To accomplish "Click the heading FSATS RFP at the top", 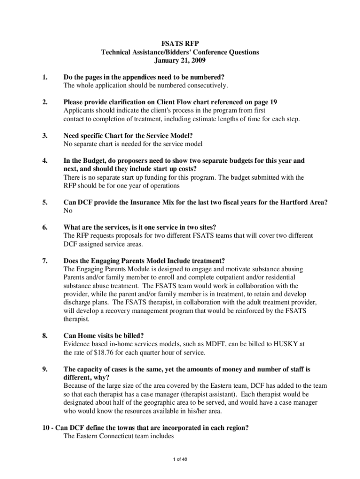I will coord(180,44).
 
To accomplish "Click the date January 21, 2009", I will coord(180,61).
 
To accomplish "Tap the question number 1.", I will coord(45,77).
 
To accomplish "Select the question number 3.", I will coord(45,136).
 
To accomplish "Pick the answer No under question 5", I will coord(68,211).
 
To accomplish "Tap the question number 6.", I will coord(45,228).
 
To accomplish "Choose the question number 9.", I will coord(45,370).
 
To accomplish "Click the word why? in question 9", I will coord(100,377).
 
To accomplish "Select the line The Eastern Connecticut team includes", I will coord(118,436).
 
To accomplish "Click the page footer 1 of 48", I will coord(180,459).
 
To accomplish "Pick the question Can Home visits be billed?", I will coord(103,336).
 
